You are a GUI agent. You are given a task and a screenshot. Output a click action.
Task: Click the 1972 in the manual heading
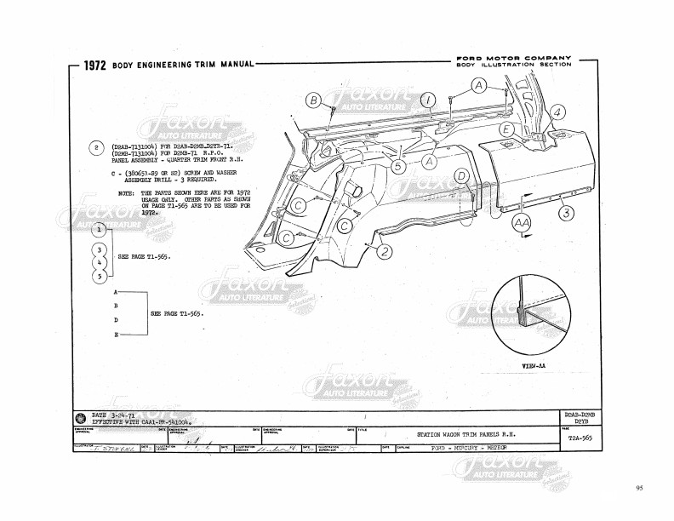pyautogui.click(x=94, y=66)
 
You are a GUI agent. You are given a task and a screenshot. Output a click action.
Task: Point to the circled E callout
pyautogui.click(x=506, y=129)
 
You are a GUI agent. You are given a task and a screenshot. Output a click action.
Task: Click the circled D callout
pyautogui.click(x=461, y=176)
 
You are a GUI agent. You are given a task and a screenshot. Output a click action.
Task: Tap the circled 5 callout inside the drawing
pyautogui.click(x=398, y=167)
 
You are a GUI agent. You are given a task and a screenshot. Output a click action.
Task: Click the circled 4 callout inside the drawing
pyautogui.click(x=557, y=112)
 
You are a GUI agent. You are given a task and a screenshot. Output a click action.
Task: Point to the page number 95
pyautogui.click(x=639, y=488)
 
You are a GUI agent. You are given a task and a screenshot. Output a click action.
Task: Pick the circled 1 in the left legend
pyautogui.click(x=100, y=229)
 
